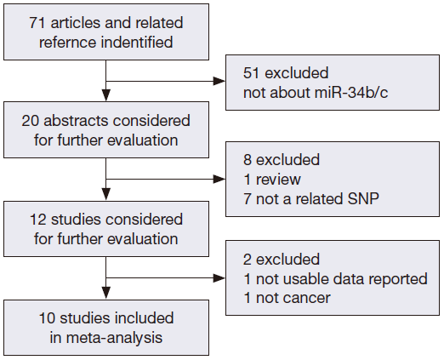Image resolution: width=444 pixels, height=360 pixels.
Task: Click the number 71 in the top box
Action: click(x=37, y=23)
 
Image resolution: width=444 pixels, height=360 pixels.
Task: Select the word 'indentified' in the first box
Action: click(x=137, y=42)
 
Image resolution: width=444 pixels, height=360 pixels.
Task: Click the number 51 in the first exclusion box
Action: click(x=251, y=73)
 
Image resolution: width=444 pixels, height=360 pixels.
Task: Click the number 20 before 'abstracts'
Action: click(x=30, y=121)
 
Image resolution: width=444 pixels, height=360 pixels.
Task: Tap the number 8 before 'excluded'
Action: click(x=248, y=160)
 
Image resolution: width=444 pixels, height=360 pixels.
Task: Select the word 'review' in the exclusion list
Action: click(x=278, y=180)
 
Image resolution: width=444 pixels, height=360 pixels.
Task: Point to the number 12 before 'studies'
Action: click(x=38, y=220)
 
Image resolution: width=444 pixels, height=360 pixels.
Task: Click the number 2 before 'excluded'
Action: click(x=248, y=260)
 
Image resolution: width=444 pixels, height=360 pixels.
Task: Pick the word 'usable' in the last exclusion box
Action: click(x=305, y=279)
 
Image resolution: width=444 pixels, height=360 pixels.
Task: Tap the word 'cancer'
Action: click(x=307, y=298)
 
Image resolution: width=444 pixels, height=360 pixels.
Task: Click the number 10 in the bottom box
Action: click(x=47, y=317)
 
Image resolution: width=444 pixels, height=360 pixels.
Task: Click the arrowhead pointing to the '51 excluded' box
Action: click(x=219, y=82)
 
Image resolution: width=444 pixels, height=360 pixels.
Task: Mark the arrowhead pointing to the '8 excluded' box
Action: click(x=219, y=180)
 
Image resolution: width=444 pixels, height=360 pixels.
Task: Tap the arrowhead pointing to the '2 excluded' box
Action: click(x=219, y=278)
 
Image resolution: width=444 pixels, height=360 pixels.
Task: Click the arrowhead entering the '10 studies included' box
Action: click(x=106, y=293)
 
